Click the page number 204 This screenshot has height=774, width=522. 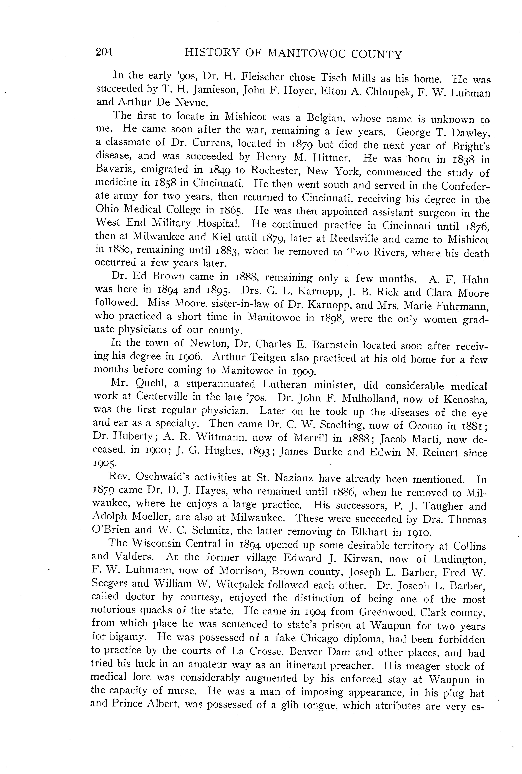pyautogui.click(x=104, y=52)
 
